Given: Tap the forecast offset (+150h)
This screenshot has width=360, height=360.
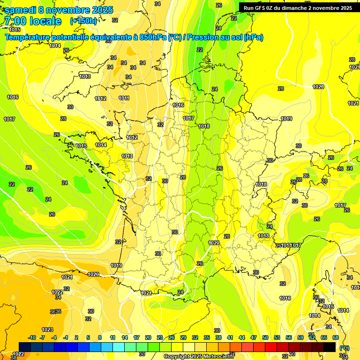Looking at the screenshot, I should coord(84,21).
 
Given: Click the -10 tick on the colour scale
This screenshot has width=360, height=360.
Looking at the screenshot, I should coord(32,337).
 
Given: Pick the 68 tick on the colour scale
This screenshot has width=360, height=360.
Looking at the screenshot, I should coord(336,337).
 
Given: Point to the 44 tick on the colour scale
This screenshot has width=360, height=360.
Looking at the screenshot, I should coord(242,337).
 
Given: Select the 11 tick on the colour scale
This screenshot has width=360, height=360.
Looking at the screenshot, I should coord(113,337).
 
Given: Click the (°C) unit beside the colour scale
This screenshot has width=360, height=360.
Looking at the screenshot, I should coord(345,348).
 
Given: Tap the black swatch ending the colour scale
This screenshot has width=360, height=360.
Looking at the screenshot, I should coord(330,347).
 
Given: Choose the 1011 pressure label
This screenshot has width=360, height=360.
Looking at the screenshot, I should coord(124,98).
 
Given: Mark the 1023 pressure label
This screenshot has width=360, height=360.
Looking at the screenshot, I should coord(47,330).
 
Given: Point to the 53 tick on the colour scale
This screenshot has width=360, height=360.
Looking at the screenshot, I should coord(277,337).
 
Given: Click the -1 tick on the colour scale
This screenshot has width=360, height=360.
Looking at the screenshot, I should coord(66,337).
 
